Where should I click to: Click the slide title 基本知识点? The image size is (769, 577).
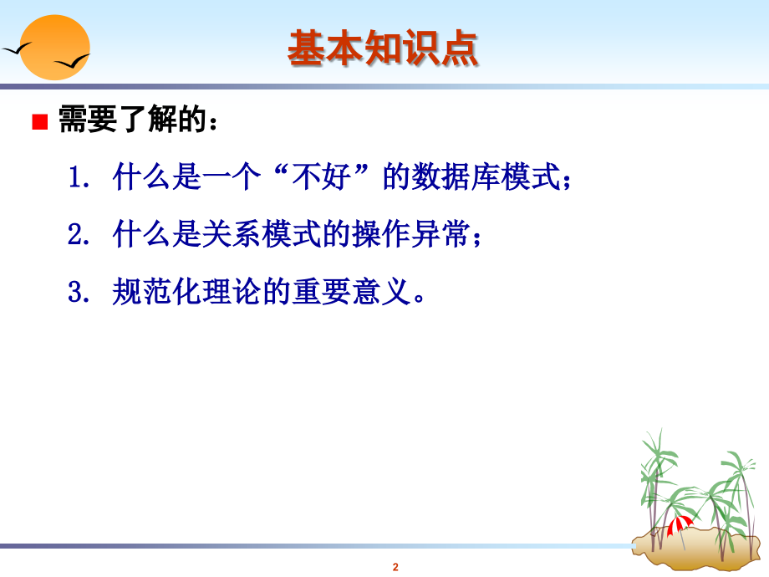point(383,49)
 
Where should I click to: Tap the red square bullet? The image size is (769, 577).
point(40,122)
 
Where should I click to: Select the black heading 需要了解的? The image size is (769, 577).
point(132,119)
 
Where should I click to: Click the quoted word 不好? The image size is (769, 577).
point(321,176)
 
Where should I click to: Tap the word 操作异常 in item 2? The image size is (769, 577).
point(411,234)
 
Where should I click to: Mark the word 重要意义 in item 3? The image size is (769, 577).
point(352,292)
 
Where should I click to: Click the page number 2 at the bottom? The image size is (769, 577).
point(395,567)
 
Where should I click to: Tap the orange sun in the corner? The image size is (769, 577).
point(54,47)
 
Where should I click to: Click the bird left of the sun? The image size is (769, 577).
point(17,49)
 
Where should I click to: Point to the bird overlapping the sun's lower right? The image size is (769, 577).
point(72,62)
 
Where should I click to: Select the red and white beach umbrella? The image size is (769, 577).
point(680,525)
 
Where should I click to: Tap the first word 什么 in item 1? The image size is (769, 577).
point(141,176)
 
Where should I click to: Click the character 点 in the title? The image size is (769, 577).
point(460,49)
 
